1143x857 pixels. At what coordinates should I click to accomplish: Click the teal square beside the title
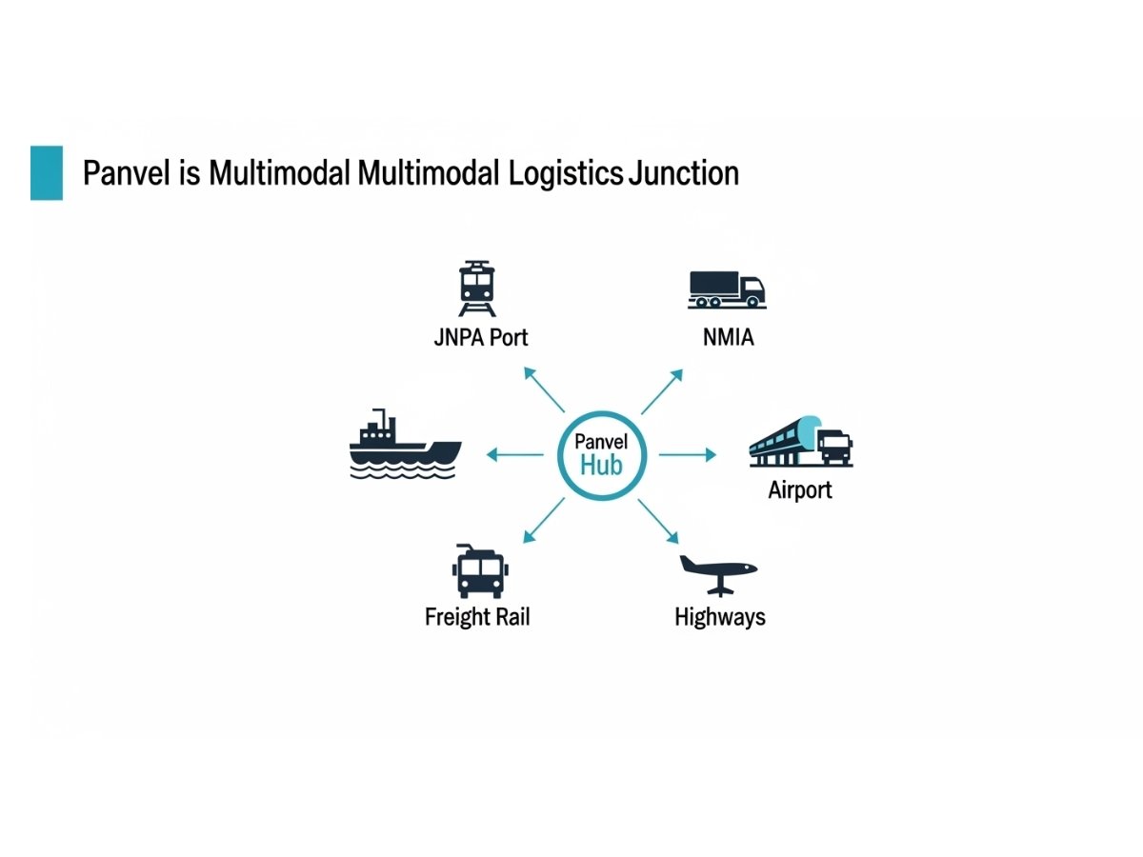pos(47,172)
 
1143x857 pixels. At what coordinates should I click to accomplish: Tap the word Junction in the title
pos(683,173)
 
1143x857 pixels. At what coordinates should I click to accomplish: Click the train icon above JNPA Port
pos(477,289)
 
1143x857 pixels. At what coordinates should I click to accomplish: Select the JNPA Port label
pos(480,337)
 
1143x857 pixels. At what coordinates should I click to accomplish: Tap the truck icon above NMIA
pos(726,289)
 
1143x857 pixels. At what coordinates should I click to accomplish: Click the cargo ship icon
pos(405,445)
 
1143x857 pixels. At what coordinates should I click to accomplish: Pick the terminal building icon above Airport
pos(800,443)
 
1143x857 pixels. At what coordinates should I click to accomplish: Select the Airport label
pos(800,490)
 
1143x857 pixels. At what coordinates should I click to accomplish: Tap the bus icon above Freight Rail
pos(479,571)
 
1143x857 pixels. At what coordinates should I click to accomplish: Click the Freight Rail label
pos(477,617)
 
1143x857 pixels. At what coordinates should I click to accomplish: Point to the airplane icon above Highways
pos(718,572)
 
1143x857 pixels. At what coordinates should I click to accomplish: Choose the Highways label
pos(720,617)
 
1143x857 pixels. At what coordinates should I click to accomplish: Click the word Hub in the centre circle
pos(601,466)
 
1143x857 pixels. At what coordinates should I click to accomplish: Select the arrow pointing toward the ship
pos(514,455)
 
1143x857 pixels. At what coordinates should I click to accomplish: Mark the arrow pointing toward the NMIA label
pos(662,391)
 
